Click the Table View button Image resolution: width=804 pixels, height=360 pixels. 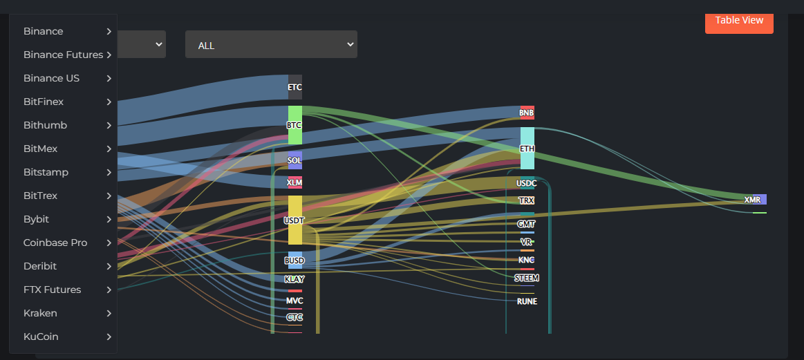pos(739,21)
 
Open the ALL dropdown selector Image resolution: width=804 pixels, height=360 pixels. pos(271,45)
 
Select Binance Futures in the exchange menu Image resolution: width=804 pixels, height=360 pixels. pos(63,55)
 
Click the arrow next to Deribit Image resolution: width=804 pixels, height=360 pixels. pos(109,266)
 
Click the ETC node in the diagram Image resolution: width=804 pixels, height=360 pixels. pos(295,87)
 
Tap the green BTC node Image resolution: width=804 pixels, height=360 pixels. pos(295,125)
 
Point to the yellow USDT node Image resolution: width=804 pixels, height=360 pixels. pos(295,220)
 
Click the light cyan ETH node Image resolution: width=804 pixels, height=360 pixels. pos(527,149)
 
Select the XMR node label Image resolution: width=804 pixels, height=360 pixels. pos(752,200)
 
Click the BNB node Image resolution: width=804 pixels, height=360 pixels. pos(527,113)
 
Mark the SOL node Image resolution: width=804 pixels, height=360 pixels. pos(295,160)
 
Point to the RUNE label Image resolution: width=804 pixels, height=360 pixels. pos(527,301)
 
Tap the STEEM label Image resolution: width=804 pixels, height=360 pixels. pos(527,278)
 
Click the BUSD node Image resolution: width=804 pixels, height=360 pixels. pos(295,260)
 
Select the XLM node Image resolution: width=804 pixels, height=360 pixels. pos(295,182)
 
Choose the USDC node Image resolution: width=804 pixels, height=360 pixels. pos(527,183)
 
